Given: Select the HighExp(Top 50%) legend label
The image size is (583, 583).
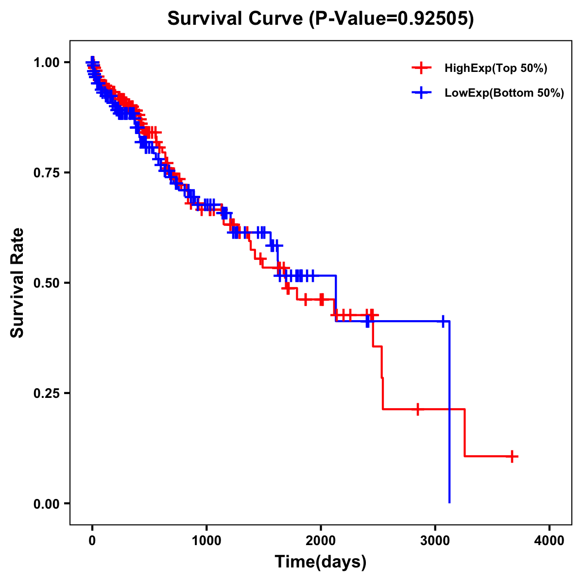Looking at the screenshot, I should pos(496,69).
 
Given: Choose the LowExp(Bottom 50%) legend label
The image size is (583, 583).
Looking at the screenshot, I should pos(504,93).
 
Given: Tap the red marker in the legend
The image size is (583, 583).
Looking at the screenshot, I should pos(421,68).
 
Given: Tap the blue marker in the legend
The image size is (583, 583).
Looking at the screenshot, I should pos(421,93).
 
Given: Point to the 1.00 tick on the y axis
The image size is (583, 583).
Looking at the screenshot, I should pos(47,62).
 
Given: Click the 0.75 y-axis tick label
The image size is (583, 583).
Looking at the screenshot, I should pos(47,172).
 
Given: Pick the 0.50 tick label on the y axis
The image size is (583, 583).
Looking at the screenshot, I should pos(47,283).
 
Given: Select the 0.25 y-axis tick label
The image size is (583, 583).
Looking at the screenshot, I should pos(47,393).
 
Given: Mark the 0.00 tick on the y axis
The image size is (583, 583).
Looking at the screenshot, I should pos(47,503).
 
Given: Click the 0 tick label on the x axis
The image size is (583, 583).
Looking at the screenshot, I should pos(92,541).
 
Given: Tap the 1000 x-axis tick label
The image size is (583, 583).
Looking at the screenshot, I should pos(206,541).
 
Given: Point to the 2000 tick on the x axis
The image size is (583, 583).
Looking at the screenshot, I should pos(321,541).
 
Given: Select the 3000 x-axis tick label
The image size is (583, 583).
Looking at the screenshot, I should pos(435,541).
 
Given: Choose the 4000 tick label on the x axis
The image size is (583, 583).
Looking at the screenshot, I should pos(549,541).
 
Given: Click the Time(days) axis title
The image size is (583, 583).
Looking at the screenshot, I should pos(321,562).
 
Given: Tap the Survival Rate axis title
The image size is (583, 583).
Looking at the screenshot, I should pos(17,283).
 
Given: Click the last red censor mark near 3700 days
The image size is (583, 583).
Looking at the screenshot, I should pos(512,456).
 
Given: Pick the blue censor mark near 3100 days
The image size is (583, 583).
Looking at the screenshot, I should pos(443,321).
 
